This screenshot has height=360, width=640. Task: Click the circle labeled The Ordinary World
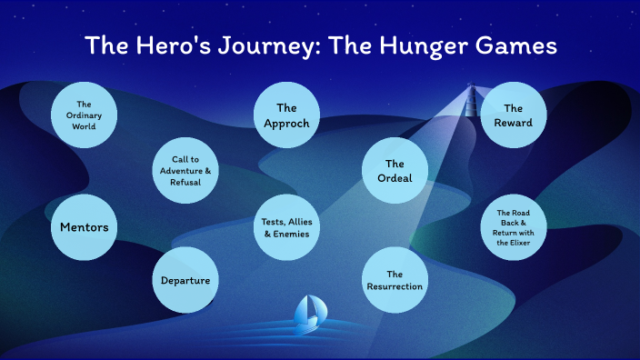pyautogui.click(x=85, y=115)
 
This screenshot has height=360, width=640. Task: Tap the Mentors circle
pyautogui.click(x=85, y=226)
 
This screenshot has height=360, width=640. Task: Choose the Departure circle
pyautogui.click(x=186, y=280)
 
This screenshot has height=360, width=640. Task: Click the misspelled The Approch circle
pyautogui.click(x=287, y=115)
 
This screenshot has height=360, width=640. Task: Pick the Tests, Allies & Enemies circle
pyautogui.click(x=287, y=226)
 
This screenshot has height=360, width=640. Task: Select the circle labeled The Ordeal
pyautogui.click(x=395, y=170)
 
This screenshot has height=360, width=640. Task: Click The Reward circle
pyautogui.click(x=513, y=115)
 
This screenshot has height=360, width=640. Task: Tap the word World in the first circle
pyautogui.click(x=85, y=126)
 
